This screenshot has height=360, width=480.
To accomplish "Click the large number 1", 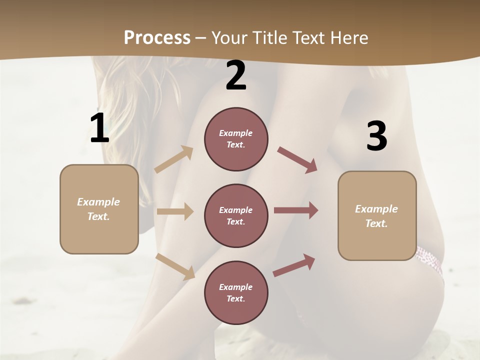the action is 99,128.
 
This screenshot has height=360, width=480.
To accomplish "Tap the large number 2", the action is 236,75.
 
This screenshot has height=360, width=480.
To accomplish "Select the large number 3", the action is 376,136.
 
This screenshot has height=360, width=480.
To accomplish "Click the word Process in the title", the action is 157,37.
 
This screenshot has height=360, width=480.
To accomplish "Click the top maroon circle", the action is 236,139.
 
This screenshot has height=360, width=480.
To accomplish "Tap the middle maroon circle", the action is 236,215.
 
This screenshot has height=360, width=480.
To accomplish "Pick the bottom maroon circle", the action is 236,292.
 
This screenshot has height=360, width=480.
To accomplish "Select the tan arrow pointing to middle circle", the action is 175,211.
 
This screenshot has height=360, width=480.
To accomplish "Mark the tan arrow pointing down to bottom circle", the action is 175,266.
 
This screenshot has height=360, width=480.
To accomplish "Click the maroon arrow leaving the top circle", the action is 297,159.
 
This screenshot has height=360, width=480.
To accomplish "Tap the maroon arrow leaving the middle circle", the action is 296,210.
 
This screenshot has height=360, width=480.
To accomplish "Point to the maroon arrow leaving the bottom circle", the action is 294,265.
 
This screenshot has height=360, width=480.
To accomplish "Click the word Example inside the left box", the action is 98,202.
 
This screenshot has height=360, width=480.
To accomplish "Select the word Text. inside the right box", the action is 376,223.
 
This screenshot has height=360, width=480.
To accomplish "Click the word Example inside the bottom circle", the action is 236,287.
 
